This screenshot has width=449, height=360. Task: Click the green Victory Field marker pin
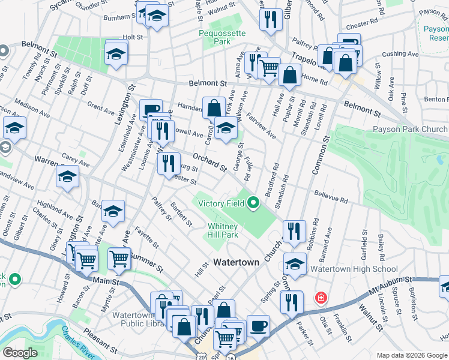pyautogui.click(x=253, y=203)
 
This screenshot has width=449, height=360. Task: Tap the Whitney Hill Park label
pyautogui.click(x=223, y=230)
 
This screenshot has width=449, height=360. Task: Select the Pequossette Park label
pyautogui.click(x=214, y=38)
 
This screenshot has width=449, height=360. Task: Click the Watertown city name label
pyautogui.click(x=237, y=262)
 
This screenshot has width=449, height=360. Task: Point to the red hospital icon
pyautogui.click(x=321, y=298)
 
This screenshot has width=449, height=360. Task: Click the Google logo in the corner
pyautogui.click(x=20, y=353)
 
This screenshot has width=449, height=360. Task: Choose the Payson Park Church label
pyautogui.click(x=410, y=129)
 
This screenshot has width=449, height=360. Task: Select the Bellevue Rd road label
pyautogui.click(x=330, y=196)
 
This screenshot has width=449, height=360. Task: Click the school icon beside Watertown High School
pyautogui.click(x=295, y=263)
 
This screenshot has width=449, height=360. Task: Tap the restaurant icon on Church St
pyautogui.click(x=294, y=231)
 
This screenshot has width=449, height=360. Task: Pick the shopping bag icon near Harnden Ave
pyautogui.click(x=214, y=109)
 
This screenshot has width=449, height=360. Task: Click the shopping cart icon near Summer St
pyautogui.click(x=119, y=259)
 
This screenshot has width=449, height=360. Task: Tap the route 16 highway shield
pyautogui.click(x=230, y=357)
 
